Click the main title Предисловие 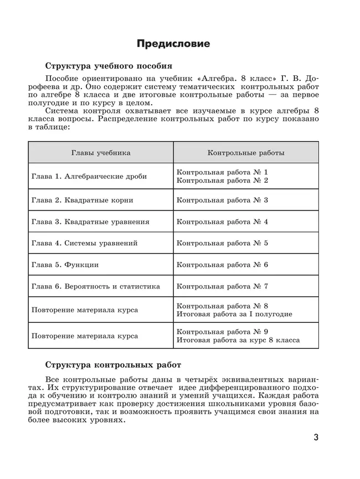point(173,44)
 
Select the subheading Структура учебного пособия point(109,65)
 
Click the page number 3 point(316,438)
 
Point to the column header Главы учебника point(101,152)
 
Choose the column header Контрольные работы point(246,152)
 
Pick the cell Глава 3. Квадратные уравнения point(90,222)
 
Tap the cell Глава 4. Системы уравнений point(84,243)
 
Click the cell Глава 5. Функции point(65,265)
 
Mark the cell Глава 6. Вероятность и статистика point(95,286)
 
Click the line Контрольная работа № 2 point(222,181)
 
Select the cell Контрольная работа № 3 point(222,200)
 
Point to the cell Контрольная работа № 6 point(222,265)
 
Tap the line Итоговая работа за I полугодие point(234,314)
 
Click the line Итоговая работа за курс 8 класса point(238,340)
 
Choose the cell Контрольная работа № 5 point(222,243)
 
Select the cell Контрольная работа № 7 point(222,286)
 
